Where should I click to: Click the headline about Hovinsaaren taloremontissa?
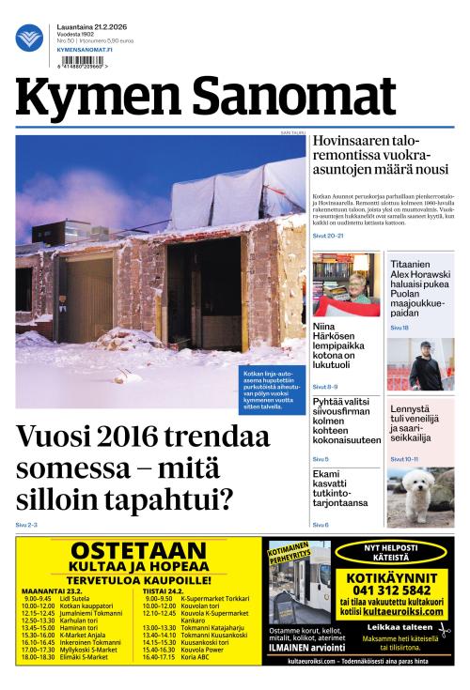380,156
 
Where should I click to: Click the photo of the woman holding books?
345,284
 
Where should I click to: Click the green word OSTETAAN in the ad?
138,551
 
